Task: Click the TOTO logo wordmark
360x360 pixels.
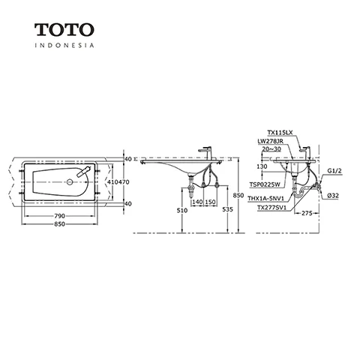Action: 64,29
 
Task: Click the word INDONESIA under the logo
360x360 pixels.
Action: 64,46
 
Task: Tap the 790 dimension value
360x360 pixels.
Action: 60,216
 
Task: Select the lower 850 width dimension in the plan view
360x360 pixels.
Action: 60,224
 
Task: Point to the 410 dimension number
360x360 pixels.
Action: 112,182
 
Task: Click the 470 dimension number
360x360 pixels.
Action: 124,182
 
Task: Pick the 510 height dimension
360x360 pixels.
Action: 182,211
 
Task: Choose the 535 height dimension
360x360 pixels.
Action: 227,209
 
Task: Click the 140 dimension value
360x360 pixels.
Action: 197,202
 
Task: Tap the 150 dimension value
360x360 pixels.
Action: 210,202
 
